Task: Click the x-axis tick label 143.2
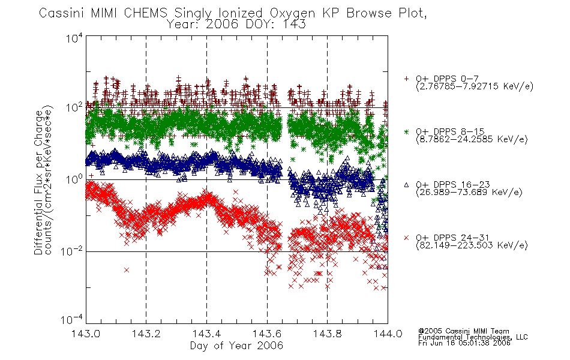click(146, 334)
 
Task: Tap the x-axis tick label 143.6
click(267, 334)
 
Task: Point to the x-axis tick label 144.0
click(388, 334)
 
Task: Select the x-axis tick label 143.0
click(85, 334)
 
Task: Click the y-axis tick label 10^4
click(74, 38)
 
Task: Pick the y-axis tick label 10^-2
click(71, 251)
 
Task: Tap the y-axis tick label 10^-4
click(71, 319)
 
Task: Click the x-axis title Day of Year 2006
click(236, 346)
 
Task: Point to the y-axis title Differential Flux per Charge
click(38, 182)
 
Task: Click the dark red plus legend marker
click(406, 79)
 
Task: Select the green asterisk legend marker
click(406, 131)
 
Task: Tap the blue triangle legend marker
click(406, 185)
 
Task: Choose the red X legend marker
click(406, 238)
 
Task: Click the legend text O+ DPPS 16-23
click(453, 184)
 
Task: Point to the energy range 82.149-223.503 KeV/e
click(472, 245)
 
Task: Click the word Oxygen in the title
click(292, 13)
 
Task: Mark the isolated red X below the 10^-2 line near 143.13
click(127, 270)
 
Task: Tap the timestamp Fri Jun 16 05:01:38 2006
click(464, 343)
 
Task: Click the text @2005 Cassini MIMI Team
click(463, 331)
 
